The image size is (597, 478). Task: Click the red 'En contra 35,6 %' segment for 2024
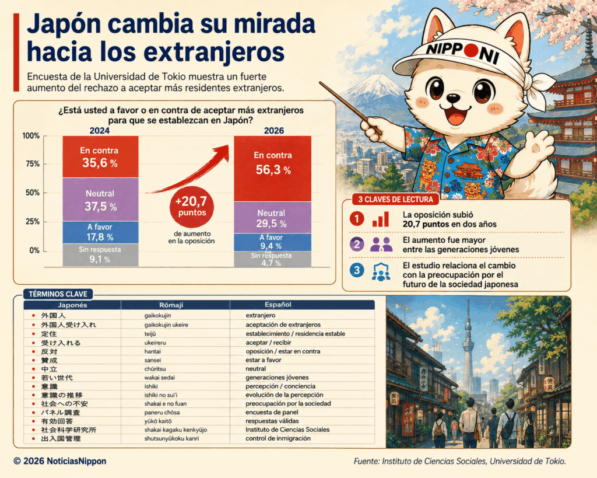point(100,156)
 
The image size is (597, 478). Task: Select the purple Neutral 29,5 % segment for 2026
point(273,217)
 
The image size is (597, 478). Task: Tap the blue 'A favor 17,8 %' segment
point(100,232)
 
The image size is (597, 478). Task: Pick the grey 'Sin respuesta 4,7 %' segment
point(273,259)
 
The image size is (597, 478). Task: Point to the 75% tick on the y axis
point(33,164)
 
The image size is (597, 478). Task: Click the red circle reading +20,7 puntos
point(191,207)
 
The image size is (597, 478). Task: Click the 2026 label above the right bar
point(274,130)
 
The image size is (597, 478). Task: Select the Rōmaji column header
point(171,305)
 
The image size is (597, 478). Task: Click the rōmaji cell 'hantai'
point(152,351)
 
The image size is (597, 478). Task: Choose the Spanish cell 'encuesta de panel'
point(272,412)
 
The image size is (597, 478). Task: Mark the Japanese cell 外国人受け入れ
point(69,325)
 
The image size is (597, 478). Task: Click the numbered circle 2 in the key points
point(357,244)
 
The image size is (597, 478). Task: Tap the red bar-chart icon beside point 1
point(381,219)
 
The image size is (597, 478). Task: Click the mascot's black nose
point(453,97)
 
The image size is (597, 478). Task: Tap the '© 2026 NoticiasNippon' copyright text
point(60,461)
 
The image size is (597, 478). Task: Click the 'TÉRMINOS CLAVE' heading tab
point(58,294)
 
